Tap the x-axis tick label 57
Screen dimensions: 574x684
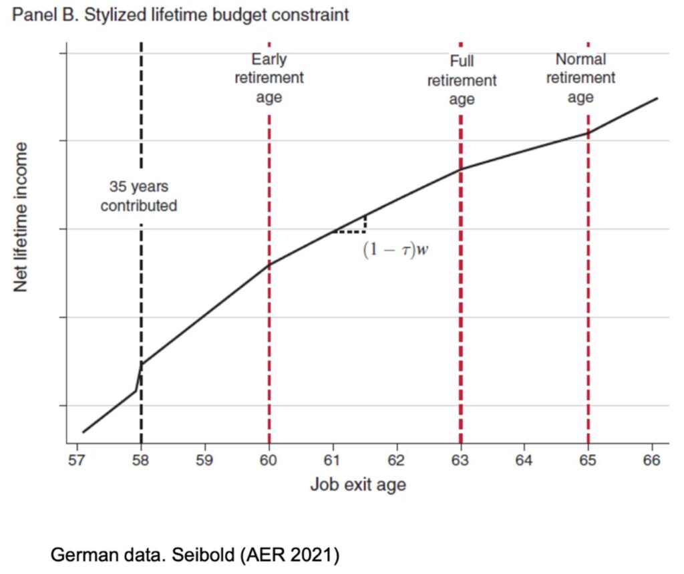coord(77,460)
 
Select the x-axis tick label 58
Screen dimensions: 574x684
coord(141,460)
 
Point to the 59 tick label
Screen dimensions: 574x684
coord(205,460)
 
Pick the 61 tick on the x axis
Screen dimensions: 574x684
coord(333,460)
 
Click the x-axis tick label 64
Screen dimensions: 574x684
coord(524,460)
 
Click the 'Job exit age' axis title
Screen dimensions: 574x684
coord(357,484)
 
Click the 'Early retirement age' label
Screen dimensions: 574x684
coord(269,78)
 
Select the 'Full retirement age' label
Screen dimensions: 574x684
coord(462,81)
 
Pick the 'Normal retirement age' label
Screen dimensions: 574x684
coord(580,78)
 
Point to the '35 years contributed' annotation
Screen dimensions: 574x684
coord(139,196)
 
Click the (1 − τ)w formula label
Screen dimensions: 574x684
coord(395,250)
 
